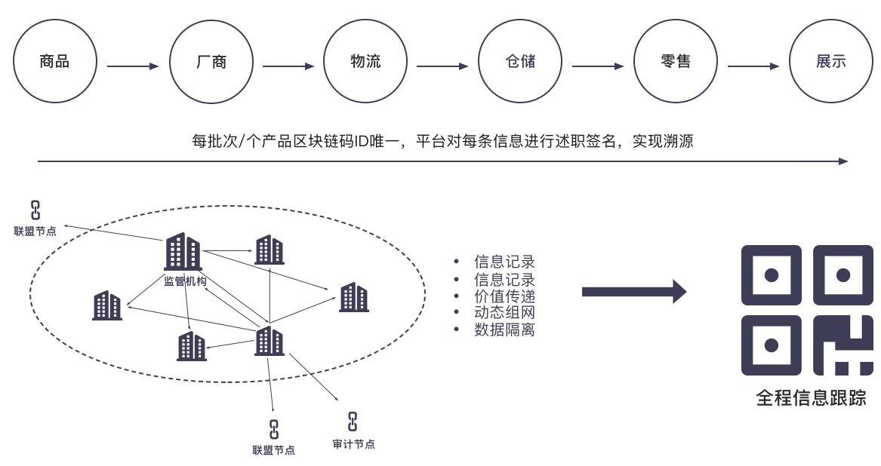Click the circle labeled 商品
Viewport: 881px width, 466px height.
click(x=55, y=61)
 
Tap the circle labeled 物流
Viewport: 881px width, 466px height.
click(x=365, y=61)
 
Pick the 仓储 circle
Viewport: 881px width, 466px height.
click(x=520, y=61)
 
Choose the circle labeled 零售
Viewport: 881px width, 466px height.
click(x=675, y=61)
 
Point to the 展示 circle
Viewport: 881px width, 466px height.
click(x=830, y=61)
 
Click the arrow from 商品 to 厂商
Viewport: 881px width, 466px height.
click(x=133, y=66)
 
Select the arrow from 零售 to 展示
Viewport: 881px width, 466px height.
click(x=753, y=66)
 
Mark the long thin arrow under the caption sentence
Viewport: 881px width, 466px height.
click(x=442, y=161)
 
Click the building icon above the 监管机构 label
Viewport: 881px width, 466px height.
click(x=183, y=251)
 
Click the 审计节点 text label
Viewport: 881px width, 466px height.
click(x=353, y=444)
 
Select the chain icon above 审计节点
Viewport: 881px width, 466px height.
click(x=352, y=422)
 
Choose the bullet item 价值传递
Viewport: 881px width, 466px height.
click(x=504, y=296)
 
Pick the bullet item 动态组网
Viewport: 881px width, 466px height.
click(x=504, y=313)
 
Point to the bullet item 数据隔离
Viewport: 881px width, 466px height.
click(x=504, y=330)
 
